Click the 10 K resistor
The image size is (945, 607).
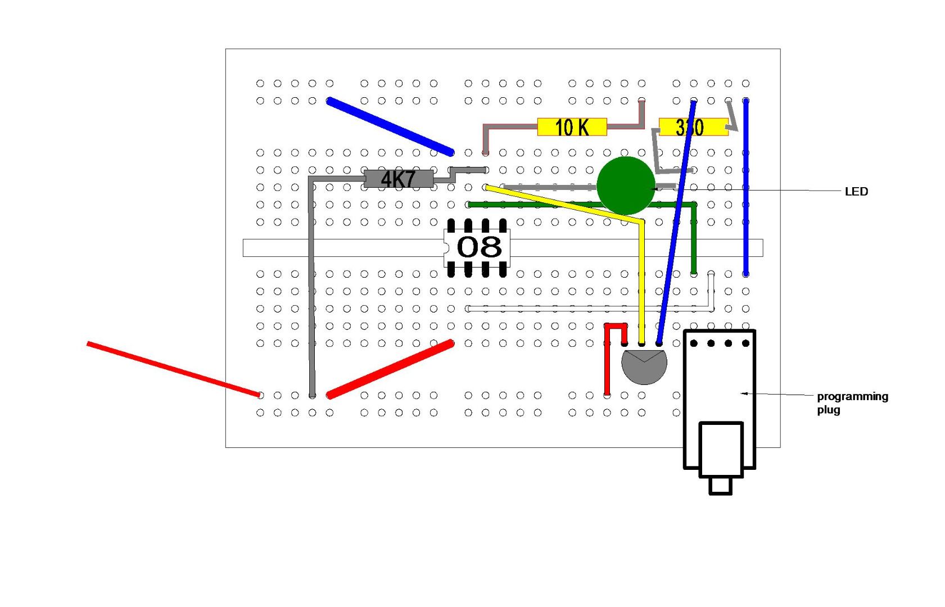coord(572,127)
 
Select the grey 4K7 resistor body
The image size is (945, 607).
coord(398,179)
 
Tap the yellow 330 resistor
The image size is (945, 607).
coord(693,127)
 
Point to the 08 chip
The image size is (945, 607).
coord(478,247)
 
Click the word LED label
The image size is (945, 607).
coord(856,192)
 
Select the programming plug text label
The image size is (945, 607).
coord(852,402)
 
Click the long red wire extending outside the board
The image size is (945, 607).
coord(173,369)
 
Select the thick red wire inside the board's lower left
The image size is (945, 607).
coord(390,369)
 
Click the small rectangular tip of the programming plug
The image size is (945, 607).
coord(720,486)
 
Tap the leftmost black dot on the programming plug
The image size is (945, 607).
coord(694,343)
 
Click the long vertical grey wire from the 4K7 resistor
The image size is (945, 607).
coord(311,287)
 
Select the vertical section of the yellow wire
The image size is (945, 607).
coord(641,281)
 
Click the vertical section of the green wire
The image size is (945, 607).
coord(694,239)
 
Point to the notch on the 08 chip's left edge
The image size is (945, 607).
coord(446,247)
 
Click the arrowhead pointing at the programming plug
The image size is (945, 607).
coord(744,393)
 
